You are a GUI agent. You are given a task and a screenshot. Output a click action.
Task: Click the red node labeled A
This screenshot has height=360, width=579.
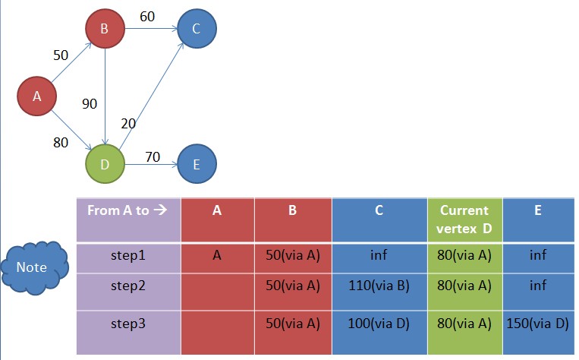point(36,96)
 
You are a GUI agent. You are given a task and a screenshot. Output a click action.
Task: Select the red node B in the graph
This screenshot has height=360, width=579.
point(104,30)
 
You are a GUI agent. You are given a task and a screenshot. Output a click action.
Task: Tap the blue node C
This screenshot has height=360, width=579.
point(197,30)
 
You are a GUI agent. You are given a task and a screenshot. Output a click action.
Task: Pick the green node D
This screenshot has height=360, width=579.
point(104,163)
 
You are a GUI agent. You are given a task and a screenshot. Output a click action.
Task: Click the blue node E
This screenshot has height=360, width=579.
point(197,163)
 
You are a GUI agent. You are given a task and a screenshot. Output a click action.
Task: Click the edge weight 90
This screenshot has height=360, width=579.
point(90,104)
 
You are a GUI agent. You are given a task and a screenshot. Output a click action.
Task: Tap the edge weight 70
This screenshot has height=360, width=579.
point(151,158)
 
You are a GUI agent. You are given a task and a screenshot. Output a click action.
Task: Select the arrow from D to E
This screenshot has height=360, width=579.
point(150,163)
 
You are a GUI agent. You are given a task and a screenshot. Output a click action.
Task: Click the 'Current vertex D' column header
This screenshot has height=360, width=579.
point(464,219)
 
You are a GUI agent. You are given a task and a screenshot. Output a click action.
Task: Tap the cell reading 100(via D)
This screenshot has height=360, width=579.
point(379,324)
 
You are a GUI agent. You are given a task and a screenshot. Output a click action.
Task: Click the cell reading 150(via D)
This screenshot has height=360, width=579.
point(537,324)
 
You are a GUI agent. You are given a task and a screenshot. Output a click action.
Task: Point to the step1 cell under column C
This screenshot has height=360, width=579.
point(379,255)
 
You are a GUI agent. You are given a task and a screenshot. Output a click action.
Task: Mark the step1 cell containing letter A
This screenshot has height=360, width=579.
point(217,255)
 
